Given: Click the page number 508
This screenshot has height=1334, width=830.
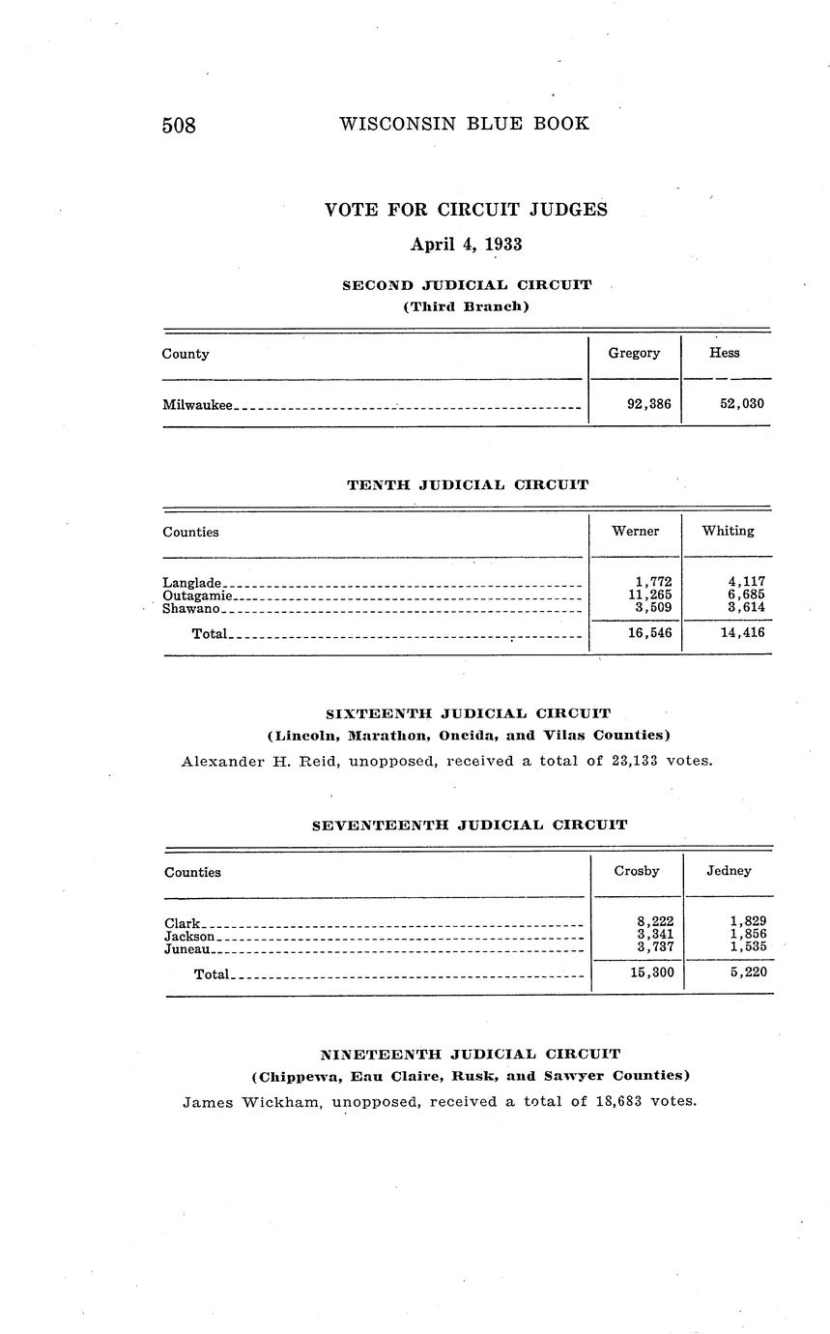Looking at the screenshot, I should pos(179,126).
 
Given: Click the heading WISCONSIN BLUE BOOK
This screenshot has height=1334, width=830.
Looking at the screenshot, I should pos(464,124).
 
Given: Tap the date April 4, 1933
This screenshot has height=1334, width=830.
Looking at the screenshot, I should pos(466,245).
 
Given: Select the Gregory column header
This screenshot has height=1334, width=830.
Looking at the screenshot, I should pos(634,353).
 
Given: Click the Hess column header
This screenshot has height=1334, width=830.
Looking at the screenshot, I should pos(725,353).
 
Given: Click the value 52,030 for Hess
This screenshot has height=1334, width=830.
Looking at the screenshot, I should pos(742,404).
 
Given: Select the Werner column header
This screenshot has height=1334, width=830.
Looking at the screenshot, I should pos(636,531).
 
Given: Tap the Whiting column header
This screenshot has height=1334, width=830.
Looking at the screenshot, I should pos(729,531).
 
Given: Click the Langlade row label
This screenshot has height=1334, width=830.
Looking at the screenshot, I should pos(193,583).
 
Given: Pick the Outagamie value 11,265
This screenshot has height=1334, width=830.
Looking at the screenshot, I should pos(650,595).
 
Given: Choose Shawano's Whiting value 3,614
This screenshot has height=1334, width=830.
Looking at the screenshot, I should pos(746,608).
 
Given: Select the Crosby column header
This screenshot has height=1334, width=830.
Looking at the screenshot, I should pos(637,871).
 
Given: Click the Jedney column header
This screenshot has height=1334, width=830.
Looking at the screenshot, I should pos(729,871).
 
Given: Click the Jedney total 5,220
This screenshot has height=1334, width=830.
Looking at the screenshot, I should pos(748,972).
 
